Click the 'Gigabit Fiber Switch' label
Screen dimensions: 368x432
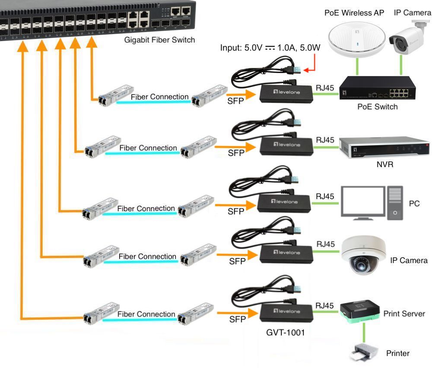pyautogui.click(x=160, y=40)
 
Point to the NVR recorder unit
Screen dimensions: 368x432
pyautogui.click(x=384, y=147)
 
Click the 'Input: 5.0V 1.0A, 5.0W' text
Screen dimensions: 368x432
pyautogui.click(x=270, y=48)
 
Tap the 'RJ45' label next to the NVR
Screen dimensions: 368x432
pyautogui.click(x=325, y=140)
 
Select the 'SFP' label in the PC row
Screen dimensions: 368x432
pyautogui.click(x=236, y=211)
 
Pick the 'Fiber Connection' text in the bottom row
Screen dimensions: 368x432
pyautogui.click(x=146, y=314)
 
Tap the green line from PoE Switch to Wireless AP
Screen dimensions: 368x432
pyautogui.click(x=357, y=67)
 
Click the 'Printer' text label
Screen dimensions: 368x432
pyautogui.click(x=397, y=353)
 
